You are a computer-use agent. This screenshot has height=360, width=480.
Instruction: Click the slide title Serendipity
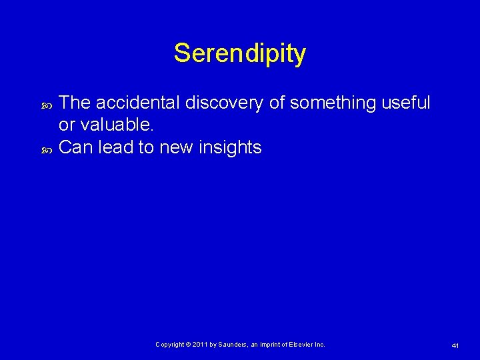[x=239, y=53]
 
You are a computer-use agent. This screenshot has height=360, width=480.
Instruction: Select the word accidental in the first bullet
[x=138, y=103]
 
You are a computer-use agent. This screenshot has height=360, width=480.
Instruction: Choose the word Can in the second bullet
[x=75, y=147]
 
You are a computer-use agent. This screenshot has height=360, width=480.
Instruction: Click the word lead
[x=115, y=147]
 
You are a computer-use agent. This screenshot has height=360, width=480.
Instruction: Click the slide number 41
[x=455, y=345]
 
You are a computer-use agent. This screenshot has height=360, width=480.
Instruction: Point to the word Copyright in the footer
[x=170, y=345]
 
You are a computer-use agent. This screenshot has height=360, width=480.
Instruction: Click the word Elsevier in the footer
[x=301, y=345]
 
